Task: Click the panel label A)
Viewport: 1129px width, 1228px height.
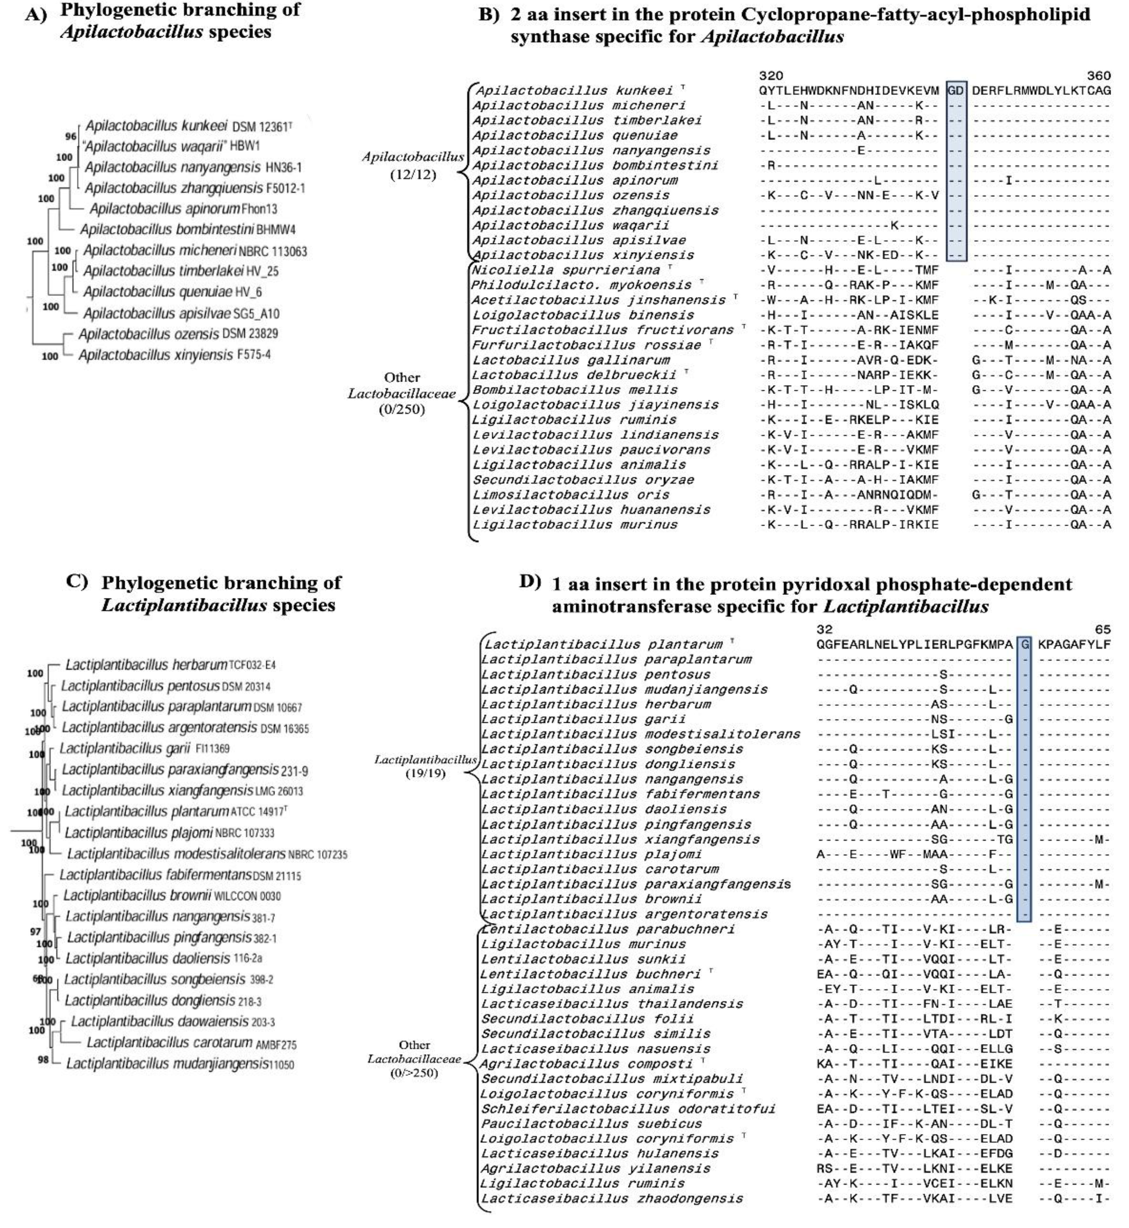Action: (36, 15)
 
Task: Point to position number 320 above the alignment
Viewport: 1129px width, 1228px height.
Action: (771, 76)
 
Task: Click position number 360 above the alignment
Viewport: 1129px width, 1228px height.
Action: (1098, 76)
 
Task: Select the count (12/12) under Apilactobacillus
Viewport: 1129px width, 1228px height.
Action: (413, 175)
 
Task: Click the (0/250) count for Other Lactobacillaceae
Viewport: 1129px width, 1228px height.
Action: (401, 409)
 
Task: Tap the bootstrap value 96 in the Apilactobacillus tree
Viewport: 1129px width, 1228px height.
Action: (71, 136)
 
